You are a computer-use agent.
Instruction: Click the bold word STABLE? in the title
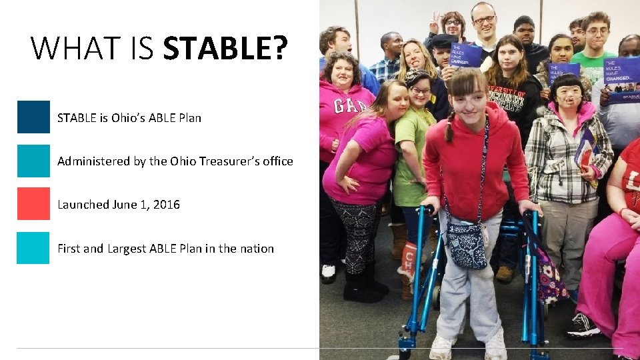pos(225,49)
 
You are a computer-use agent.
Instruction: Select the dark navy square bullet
pos(33,117)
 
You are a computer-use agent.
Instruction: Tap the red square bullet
pos(33,203)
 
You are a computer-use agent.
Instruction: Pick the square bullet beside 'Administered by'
pos(33,161)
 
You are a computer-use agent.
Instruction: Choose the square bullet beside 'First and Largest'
pos(33,248)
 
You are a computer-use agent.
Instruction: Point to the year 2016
pos(167,205)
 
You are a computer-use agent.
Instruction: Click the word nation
pos(256,249)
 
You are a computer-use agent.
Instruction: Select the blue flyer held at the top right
pos(621,79)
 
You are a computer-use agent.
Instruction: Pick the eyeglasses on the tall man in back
pos(484,21)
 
